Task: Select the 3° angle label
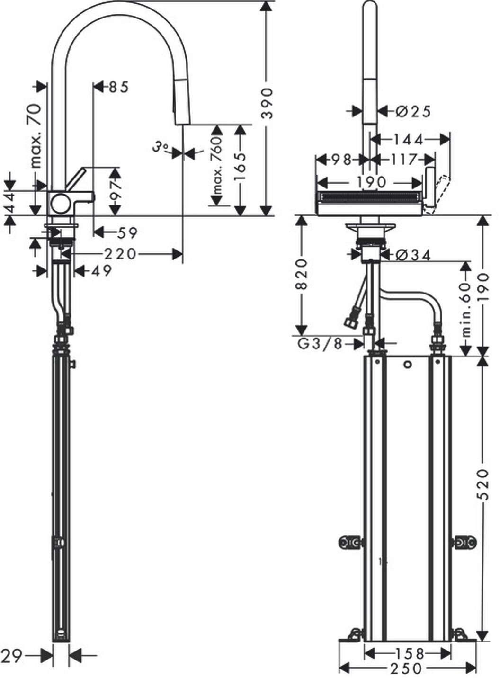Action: tap(161, 148)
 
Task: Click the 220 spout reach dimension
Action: tap(120, 254)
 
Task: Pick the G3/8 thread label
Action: tap(320, 344)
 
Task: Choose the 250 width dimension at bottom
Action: tap(407, 668)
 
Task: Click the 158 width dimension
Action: tap(407, 653)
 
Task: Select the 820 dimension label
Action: tap(301, 275)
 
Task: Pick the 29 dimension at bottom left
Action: tap(11, 656)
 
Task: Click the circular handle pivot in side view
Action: tap(61, 204)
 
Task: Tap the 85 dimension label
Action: tap(118, 87)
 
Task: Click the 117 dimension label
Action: tap(403, 159)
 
